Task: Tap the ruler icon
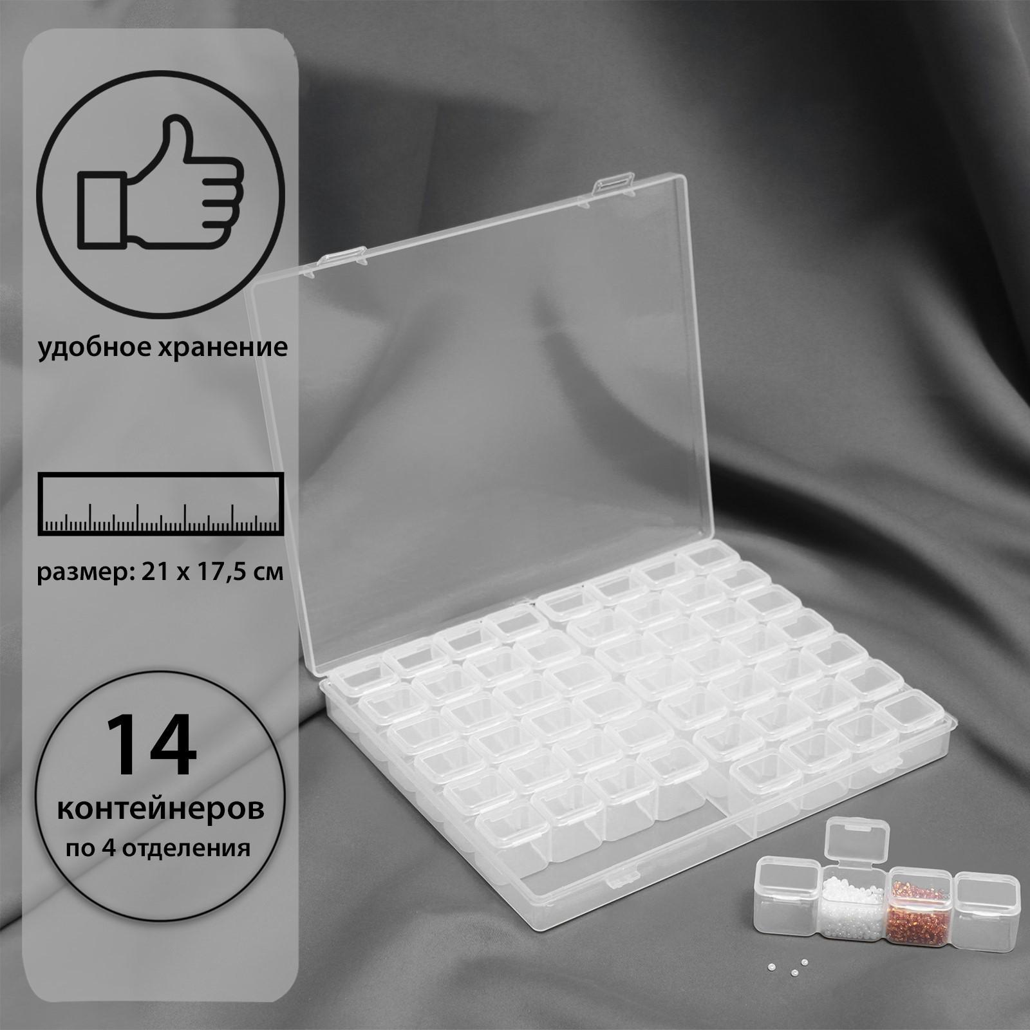162,503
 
